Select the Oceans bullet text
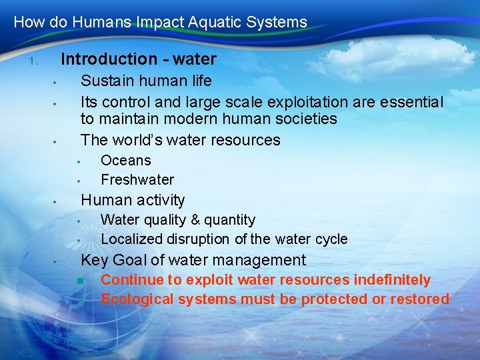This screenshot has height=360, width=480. click(125, 161)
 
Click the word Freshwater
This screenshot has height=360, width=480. click(137, 180)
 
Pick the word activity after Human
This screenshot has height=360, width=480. click(161, 200)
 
